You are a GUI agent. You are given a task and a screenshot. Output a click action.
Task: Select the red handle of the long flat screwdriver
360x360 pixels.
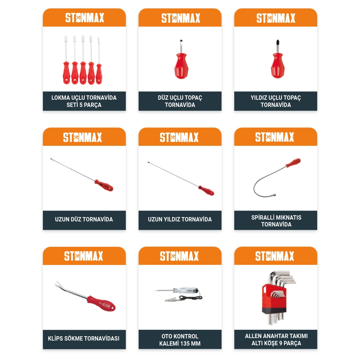(104, 185)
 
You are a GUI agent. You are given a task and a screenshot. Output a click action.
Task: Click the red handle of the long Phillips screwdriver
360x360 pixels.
(206, 190)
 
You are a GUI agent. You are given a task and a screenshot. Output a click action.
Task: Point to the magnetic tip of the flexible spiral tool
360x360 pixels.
(274, 195)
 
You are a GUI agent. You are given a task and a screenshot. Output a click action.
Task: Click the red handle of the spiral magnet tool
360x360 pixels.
(293, 163)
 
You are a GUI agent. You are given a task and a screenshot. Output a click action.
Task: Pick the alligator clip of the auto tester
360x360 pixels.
(171, 300)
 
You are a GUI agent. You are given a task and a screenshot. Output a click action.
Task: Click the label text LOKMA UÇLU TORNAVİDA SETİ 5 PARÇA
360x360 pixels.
(84, 101)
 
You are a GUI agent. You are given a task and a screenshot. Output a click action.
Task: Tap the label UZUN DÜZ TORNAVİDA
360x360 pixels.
(84, 219)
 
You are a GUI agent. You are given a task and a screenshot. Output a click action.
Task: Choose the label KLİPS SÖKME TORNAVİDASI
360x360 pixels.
(84, 338)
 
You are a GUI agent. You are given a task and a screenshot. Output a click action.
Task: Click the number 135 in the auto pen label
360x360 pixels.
(185, 343)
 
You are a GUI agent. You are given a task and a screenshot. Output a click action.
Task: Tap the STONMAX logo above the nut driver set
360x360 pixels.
(85, 18)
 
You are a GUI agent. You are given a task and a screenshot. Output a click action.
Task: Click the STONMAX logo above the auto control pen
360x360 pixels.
(179, 256)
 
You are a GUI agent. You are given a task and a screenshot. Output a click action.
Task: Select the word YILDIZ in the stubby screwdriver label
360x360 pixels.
(259, 98)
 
